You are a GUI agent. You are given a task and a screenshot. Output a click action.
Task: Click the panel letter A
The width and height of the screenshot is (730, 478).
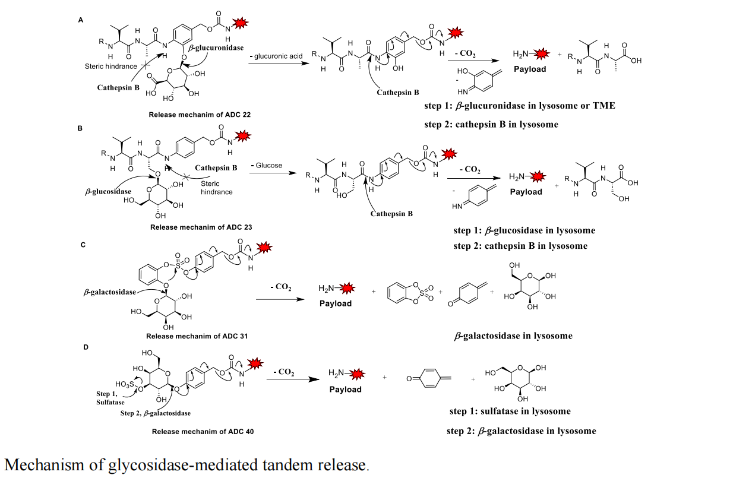pos(81,20)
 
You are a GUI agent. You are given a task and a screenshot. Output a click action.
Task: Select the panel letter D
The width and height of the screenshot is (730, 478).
pos(86,346)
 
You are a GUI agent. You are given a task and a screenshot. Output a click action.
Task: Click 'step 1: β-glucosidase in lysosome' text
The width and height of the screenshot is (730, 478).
pos(524,230)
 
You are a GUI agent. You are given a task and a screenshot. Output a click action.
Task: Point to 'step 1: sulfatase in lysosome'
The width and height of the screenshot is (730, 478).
pos(510,411)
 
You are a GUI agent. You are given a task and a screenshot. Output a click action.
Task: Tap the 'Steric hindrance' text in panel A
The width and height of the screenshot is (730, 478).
pos(111,66)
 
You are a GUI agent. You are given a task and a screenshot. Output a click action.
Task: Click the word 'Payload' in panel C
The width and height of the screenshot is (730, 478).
pos(336,303)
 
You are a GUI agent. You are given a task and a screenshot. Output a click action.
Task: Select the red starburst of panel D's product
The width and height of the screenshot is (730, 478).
pos(359,373)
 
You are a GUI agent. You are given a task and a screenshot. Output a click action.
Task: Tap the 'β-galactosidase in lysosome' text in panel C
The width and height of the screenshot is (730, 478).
pos(513,335)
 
